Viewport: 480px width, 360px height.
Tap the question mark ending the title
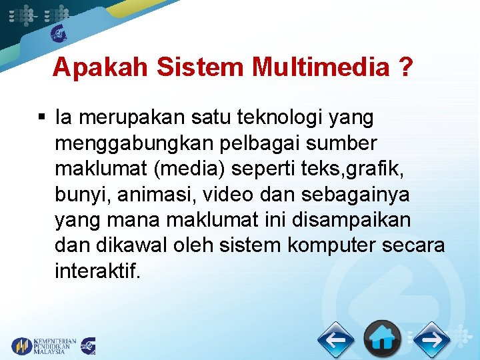404,67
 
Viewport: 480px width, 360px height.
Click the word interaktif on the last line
97,270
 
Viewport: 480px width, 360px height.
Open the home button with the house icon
383,339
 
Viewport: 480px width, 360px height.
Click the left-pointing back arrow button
335,341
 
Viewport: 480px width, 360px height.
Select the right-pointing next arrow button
431,341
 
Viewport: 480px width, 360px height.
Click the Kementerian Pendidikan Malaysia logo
44,345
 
